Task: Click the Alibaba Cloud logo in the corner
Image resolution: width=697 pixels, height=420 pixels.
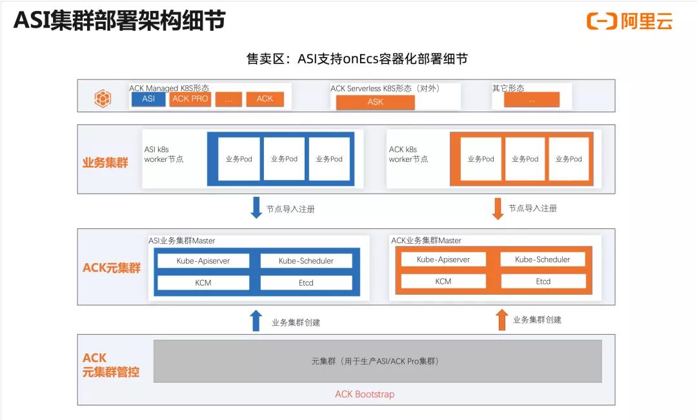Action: (x=629, y=21)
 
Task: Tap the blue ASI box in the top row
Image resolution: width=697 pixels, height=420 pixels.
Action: (x=148, y=99)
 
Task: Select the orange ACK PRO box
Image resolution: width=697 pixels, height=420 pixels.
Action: (x=190, y=99)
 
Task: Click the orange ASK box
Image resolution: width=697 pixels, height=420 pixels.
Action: (x=375, y=102)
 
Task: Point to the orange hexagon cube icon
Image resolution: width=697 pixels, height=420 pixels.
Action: (x=103, y=98)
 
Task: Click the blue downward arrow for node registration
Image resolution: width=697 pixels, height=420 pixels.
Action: (x=256, y=208)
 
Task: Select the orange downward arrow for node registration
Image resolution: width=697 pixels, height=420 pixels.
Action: (x=498, y=208)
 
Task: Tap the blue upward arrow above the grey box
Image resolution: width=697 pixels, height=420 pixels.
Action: (x=256, y=321)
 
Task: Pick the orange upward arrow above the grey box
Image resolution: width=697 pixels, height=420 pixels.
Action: (x=502, y=319)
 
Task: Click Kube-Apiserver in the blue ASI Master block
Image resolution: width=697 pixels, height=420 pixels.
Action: (x=203, y=261)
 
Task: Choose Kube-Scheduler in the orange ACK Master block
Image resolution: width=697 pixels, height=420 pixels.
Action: (x=543, y=259)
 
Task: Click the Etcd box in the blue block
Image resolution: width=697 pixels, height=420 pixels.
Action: (x=306, y=283)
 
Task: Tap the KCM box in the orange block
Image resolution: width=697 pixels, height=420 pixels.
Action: (x=443, y=281)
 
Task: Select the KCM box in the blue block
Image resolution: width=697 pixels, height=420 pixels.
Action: (x=203, y=283)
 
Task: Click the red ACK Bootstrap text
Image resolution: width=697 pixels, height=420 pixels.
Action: (x=365, y=394)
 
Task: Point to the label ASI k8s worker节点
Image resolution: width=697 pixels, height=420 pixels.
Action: (x=164, y=154)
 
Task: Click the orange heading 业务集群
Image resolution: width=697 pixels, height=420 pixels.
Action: (x=105, y=163)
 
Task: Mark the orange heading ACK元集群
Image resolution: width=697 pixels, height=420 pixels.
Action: (x=112, y=268)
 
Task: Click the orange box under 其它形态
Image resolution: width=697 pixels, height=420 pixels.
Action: (x=532, y=100)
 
